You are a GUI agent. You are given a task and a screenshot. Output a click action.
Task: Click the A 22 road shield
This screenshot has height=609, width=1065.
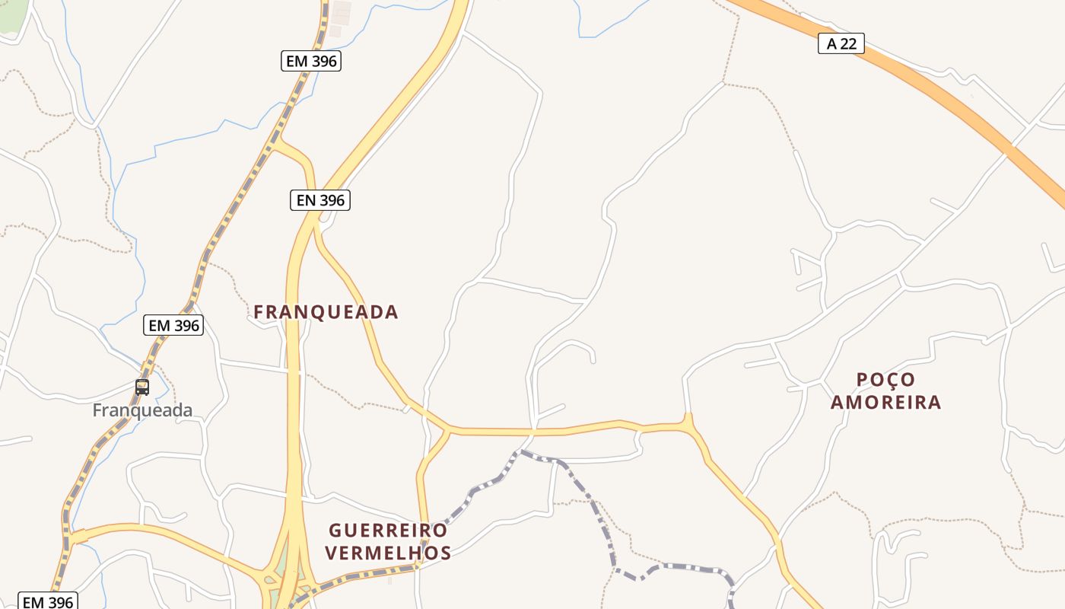pyautogui.click(x=841, y=43)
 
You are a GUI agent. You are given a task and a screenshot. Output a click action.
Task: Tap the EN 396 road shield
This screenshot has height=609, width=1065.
pyautogui.click(x=320, y=200)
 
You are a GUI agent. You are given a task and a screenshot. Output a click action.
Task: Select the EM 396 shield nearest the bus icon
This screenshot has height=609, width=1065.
pyautogui.click(x=173, y=325)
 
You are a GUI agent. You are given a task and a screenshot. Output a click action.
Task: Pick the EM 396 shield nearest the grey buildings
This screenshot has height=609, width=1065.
pyautogui.click(x=310, y=61)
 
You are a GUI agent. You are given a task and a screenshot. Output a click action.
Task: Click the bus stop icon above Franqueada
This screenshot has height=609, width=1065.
pyautogui.click(x=142, y=387)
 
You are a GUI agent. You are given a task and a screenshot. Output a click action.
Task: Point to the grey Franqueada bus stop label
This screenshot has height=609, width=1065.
pyautogui.click(x=142, y=410)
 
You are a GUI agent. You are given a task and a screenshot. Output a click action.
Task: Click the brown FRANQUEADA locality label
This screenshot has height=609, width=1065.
pyautogui.click(x=326, y=311)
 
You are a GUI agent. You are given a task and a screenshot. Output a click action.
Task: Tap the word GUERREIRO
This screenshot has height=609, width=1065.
pyautogui.click(x=388, y=530)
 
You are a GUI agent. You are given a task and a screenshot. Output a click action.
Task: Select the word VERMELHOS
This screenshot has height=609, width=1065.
pyautogui.click(x=388, y=553)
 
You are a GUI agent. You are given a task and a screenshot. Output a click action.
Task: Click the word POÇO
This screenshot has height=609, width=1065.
pyautogui.click(x=885, y=379)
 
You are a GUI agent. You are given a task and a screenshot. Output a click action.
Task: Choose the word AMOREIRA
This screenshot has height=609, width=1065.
pyautogui.click(x=885, y=402)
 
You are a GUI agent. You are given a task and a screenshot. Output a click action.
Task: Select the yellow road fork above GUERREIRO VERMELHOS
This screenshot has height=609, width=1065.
pyautogui.click(x=447, y=432)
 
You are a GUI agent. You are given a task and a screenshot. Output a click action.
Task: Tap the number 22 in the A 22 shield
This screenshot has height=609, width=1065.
pyautogui.click(x=848, y=43)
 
